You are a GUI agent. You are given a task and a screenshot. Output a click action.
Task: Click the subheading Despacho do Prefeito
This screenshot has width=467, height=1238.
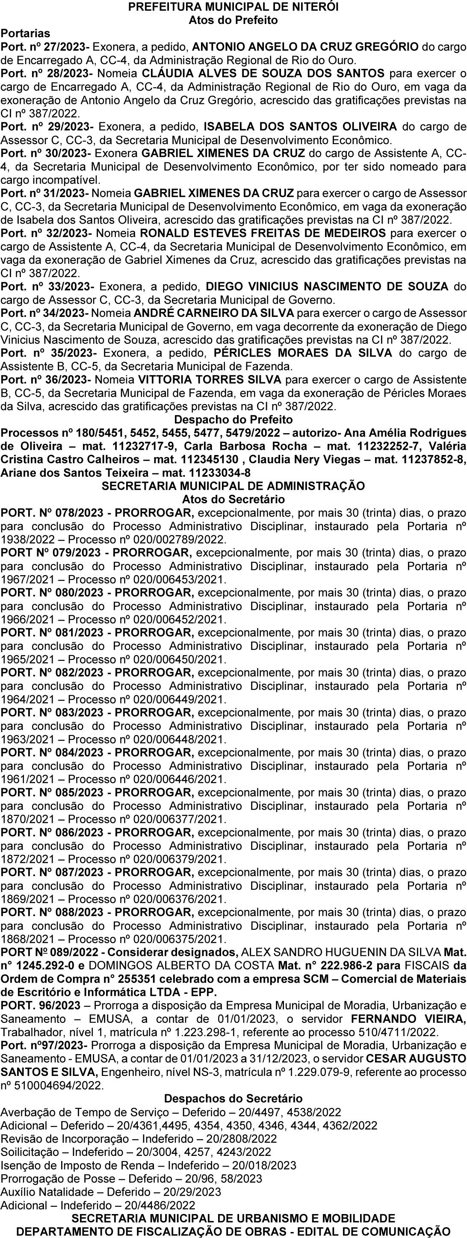[233, 420]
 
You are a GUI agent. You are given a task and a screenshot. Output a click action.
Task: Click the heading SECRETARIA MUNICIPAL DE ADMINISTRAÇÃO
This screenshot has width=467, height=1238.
[233, 486]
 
